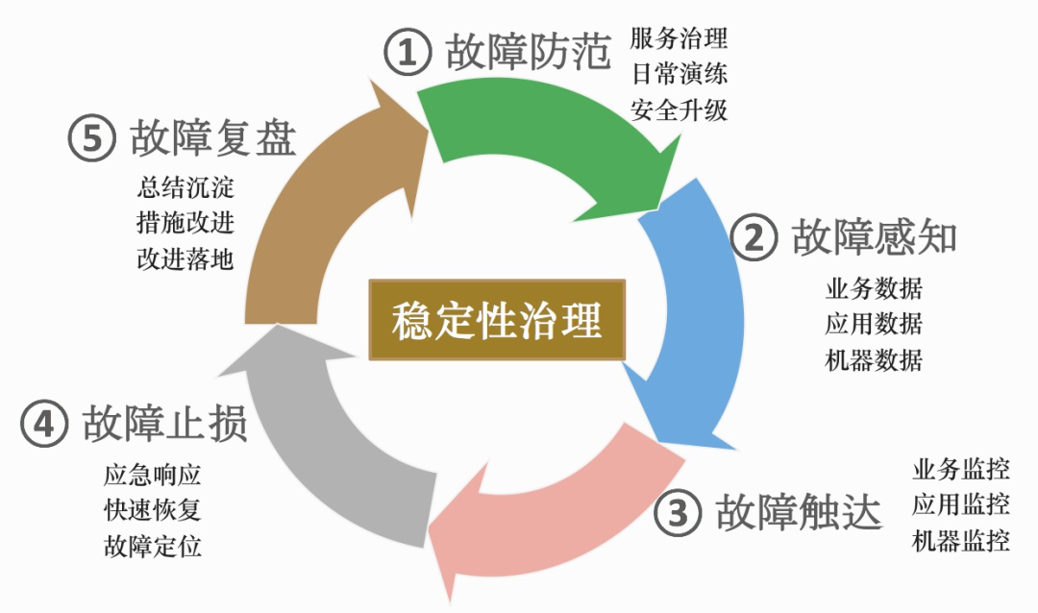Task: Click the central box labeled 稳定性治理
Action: point(497,320)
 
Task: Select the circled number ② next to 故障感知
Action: point(754,237)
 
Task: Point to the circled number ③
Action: point(678,512)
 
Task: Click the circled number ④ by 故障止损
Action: point(44,423)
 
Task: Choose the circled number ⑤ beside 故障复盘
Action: point(92,137)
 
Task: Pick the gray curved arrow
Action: point(331,437)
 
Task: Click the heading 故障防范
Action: point(528,52)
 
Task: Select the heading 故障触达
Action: point(799,512)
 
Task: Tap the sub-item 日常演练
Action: point(680,73)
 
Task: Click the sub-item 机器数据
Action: point(874,360)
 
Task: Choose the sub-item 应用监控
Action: point(961,504)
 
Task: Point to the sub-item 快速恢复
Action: point(152,510)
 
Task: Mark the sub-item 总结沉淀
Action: point(185,187)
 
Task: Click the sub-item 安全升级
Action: point(680,110)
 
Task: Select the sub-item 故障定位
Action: point(152,546)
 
